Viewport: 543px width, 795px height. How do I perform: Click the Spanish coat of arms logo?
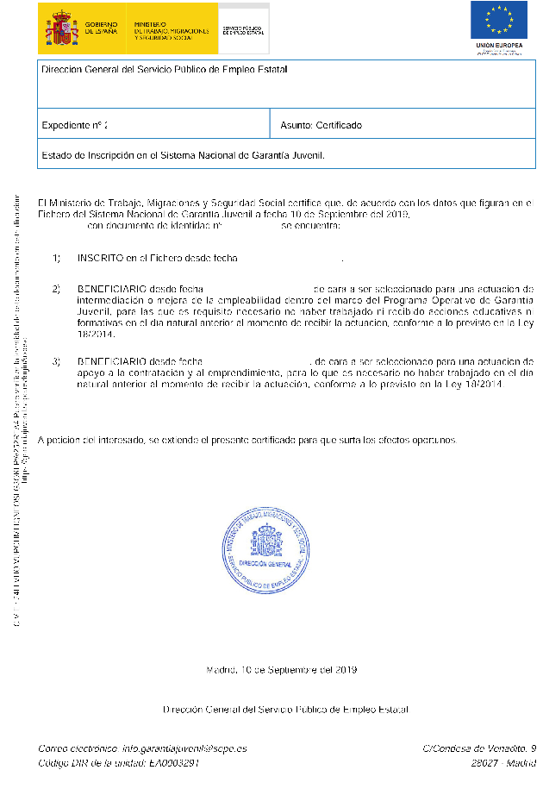point(61,28)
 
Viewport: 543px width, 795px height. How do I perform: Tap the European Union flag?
point(498,21)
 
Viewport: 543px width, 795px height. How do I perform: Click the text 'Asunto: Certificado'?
point(321,126)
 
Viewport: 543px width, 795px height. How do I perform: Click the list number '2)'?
point(57,288)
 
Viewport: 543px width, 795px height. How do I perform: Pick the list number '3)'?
point(57,360)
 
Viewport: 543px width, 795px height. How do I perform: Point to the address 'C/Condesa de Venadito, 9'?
point(480,748)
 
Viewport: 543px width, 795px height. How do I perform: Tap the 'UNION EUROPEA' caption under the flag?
point(498,45)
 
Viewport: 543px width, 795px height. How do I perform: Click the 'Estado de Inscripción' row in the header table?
point(183,156)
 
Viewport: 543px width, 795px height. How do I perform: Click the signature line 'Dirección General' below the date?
point(285,710)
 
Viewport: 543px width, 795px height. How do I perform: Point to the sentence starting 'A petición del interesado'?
point(247,440)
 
